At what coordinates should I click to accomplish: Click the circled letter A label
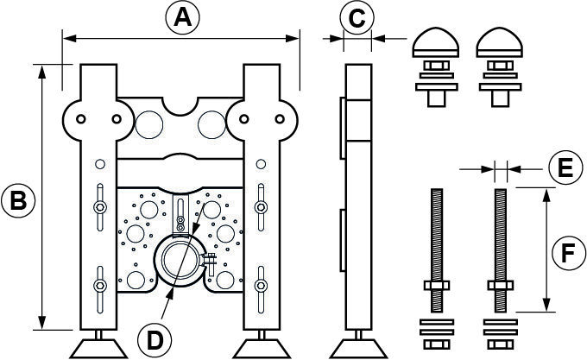180,17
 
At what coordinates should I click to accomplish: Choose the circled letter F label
565,253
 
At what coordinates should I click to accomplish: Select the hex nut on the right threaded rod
501,287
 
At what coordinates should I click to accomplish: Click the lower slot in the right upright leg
261,285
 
